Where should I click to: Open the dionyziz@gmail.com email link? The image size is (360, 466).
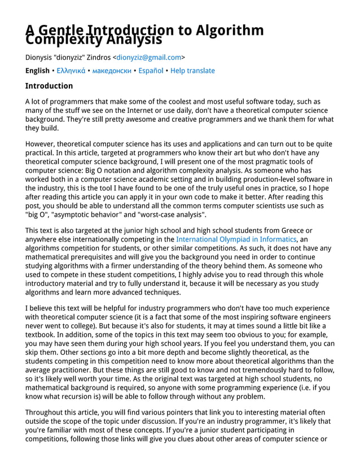point(149,57)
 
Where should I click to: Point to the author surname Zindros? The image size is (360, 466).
point(95,57)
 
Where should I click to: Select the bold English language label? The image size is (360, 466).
point(37,71)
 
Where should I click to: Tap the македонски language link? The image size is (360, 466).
point(112,71)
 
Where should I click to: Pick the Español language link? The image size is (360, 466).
point(151,71)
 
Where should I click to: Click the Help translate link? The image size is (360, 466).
point(192,71)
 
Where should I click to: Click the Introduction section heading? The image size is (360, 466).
point(49,86)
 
